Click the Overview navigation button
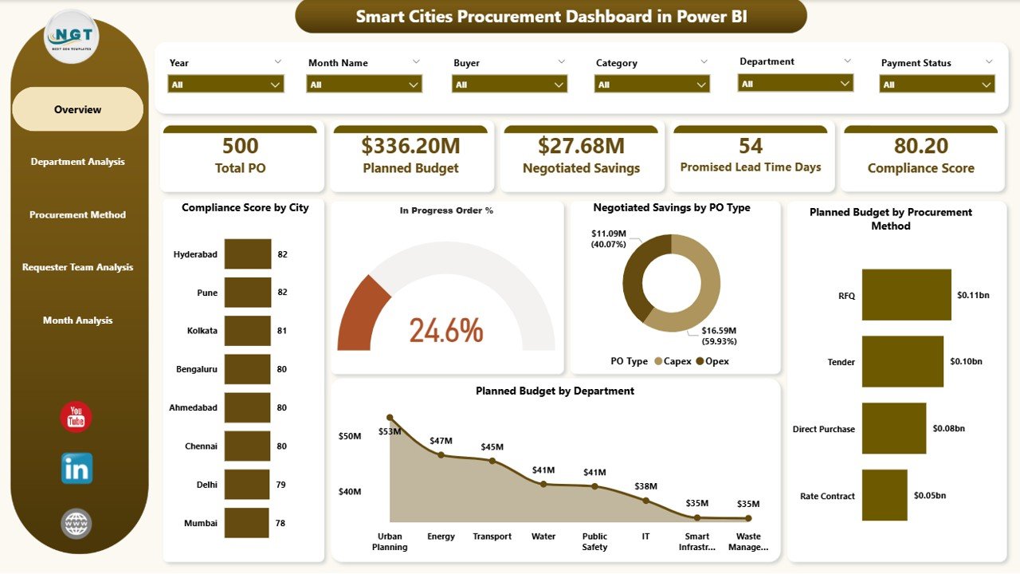click(x=77, y=109)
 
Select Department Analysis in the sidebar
click(x=77, y=162)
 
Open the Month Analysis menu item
click(x=77, y=320)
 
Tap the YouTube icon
click(x=76, y=417)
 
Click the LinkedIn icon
click(x=76, y=469)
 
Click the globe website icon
click(x=76, y=524)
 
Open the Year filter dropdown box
click(x=226, y=84)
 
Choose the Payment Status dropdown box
click(x=937, y=84)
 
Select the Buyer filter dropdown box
click(x=509, y=84)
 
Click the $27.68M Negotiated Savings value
click(x=581, y=146)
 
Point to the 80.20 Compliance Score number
click(x=920, y=146)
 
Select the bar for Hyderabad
click(x=247, y=254)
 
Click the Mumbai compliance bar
click(x=246, y=523)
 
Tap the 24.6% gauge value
click(x=446, y=330)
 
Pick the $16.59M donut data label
click(x=719, y=336)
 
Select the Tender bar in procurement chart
click(x=903, y=362)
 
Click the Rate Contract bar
click(x=885, y=496)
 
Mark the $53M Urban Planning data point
click(x=390, y=417)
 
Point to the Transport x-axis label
click(x=492, y=537)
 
